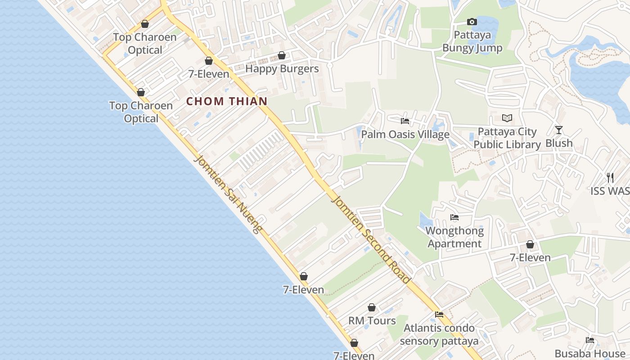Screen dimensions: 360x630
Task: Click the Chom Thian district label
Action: coord(227,101)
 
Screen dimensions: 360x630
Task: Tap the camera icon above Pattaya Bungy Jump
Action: coord(472,22)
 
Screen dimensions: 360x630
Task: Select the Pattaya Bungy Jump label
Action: coord(472,41)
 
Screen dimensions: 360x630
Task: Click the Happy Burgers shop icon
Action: coord(282,55)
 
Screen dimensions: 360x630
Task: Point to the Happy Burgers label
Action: coord(282,69)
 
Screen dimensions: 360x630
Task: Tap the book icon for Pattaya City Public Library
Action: coord(507,118)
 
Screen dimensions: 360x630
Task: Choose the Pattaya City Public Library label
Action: coord(507,138)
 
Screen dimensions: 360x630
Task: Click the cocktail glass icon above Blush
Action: coord(558,130)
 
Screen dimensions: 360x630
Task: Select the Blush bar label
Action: coord(559,143)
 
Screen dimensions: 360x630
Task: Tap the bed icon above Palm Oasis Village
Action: coord(405,121)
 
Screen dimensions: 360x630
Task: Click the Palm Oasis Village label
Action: coord(405,134)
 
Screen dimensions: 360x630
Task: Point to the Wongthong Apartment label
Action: coord(454,237)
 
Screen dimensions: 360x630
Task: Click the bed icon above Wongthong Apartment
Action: coord(454,217)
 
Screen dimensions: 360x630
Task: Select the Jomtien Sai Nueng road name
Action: coord(229,195)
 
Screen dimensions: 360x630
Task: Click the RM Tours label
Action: coord(372,321)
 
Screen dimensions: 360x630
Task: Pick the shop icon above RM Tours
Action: coord(372,307)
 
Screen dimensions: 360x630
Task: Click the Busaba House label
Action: coord(590,353)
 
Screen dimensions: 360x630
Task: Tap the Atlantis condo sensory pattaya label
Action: coord(439,334)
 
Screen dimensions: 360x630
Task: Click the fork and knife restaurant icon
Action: coord(610,177)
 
